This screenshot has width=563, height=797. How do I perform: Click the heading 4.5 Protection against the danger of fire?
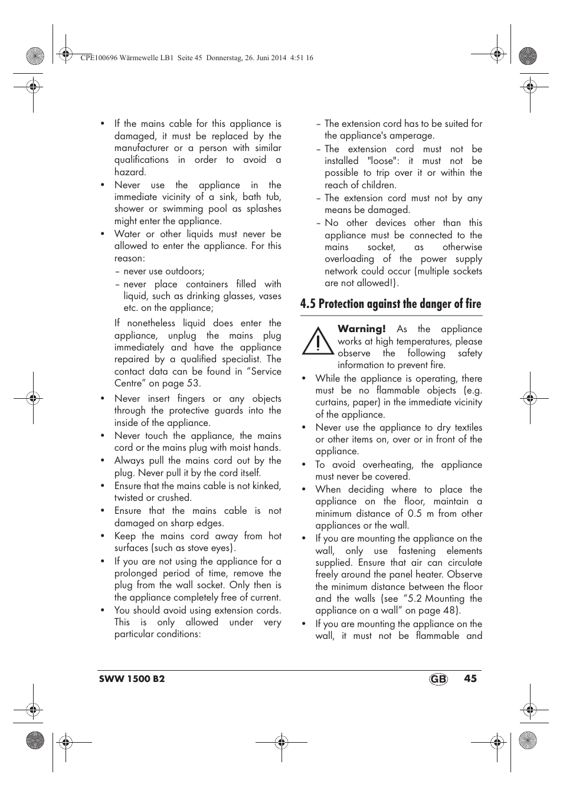coord(390,304)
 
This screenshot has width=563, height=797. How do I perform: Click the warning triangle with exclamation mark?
coord(317,342)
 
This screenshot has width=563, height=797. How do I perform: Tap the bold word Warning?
coord(361,329)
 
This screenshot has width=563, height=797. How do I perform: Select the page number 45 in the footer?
coord(470,678)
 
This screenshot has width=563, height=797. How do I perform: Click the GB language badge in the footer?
coord(438,679)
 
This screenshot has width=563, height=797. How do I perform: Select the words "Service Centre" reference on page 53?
coord(198,378)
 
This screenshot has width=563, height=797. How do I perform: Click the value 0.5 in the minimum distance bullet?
coord(414,513)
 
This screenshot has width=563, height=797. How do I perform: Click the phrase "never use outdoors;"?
coord(163,271)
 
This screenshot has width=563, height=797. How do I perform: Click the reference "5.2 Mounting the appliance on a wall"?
coord(398,605)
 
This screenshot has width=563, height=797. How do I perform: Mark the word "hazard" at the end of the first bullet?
coord(130,172)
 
